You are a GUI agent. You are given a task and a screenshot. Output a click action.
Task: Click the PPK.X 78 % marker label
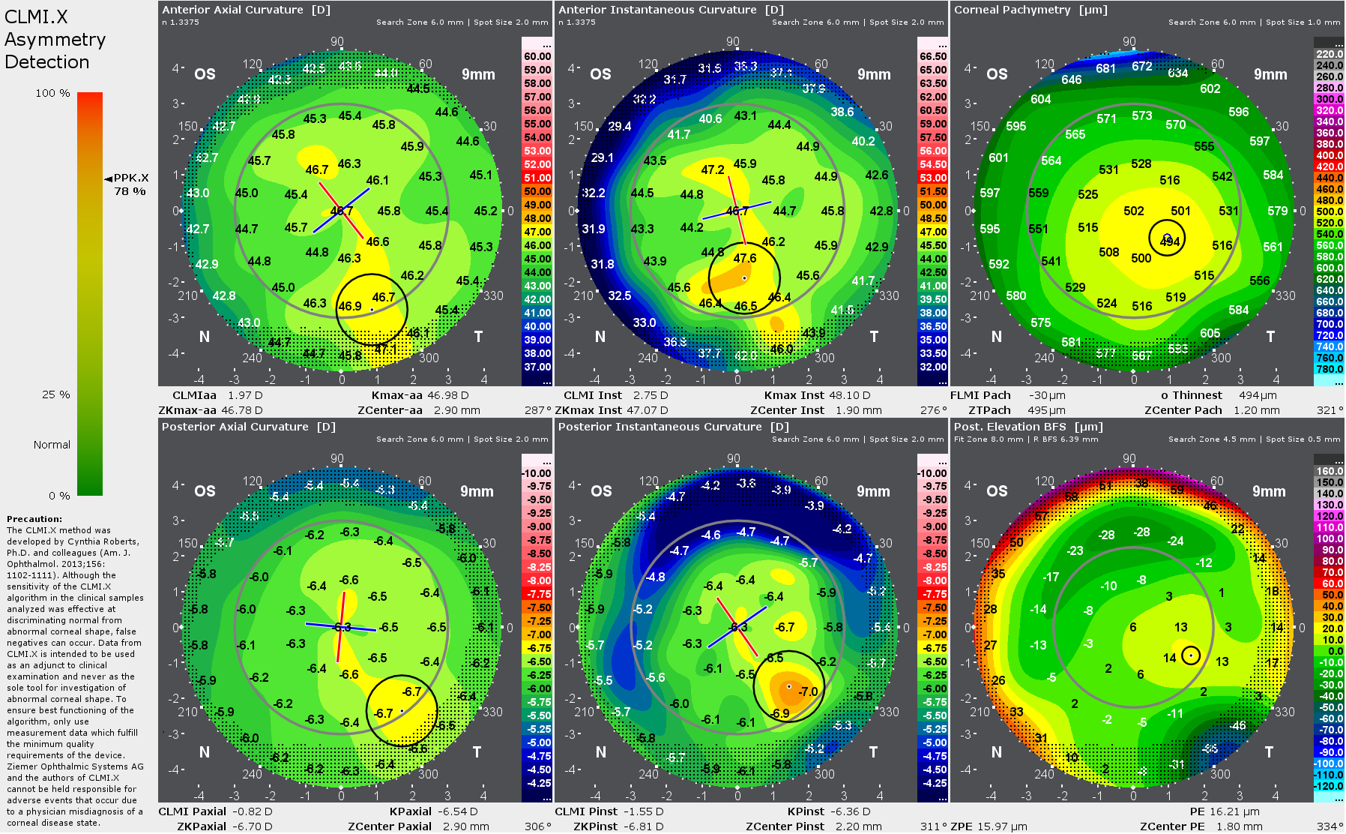[130, 184]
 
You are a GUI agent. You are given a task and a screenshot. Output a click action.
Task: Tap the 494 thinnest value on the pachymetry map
[1170, 241]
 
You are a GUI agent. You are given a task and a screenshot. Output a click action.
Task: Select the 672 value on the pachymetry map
[1142, 66]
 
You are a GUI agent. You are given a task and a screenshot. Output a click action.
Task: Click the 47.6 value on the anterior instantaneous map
[744, 258]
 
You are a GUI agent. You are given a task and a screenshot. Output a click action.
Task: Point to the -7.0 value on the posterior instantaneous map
[807, 691]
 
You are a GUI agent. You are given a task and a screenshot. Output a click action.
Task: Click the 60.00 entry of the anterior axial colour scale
[537, 56]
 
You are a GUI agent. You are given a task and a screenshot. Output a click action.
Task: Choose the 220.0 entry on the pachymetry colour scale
[1330, 54]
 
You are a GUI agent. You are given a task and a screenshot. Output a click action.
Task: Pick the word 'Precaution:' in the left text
[34, 519]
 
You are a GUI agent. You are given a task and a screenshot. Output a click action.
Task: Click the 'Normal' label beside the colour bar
[52, 445]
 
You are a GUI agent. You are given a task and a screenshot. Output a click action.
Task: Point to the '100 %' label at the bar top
[52, 93]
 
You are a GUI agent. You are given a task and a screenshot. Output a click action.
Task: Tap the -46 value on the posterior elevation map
[1237, 725]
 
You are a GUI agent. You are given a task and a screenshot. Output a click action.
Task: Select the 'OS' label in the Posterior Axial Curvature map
[205, 491]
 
